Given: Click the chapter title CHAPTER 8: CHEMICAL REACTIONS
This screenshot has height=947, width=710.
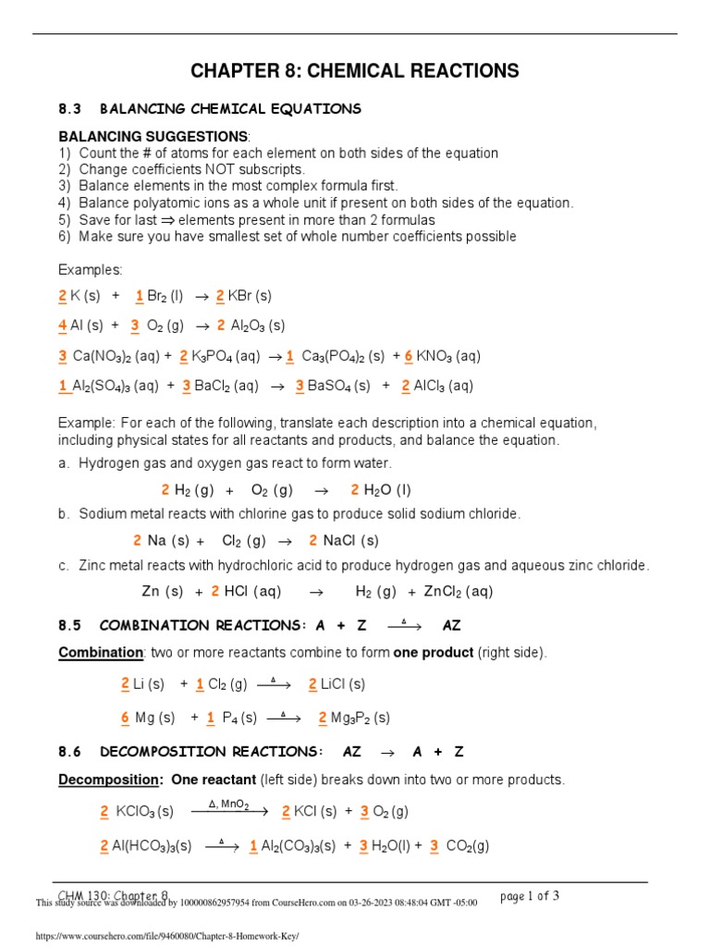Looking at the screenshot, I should tap(354, 71).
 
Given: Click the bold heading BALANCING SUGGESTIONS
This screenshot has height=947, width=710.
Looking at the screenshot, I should tap(153, 136).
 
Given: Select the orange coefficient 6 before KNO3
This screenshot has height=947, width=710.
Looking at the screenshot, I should tap(409, 356).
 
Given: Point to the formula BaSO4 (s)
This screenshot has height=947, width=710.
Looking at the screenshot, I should tap(339, 386).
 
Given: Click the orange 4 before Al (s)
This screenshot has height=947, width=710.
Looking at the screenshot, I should tap(62, 326).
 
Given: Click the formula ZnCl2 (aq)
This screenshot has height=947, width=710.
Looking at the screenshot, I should tap(458, 592).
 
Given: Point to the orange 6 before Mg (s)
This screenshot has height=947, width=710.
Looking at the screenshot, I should tap(125, 718).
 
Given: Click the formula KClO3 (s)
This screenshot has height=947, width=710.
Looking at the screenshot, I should tap(145, 812).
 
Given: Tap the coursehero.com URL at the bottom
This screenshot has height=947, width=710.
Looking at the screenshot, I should tap(167, 935).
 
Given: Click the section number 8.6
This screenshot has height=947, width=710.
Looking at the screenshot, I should tap(70, 752).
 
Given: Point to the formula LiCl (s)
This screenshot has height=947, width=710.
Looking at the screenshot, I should tap(343, 684).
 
